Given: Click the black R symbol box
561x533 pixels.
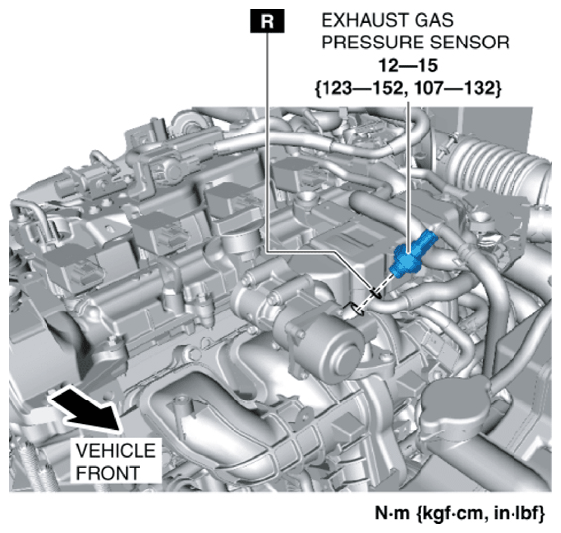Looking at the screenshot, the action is pos(267,21).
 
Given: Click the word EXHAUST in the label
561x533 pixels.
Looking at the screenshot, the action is pos(363,20).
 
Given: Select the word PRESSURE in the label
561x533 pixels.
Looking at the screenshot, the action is pos(372,43).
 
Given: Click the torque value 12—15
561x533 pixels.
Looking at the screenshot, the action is pos(409,66).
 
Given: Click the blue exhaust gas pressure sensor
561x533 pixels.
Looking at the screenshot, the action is pos(413,254).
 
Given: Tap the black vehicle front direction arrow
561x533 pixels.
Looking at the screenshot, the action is pos(85,408).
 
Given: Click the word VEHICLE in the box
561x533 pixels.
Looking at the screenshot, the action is pos(116,450).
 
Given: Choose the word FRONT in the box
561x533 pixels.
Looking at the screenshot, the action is pos(108,473).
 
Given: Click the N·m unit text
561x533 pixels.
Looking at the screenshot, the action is pos(392,513).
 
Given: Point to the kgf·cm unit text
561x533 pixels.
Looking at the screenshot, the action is pos(451,514).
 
